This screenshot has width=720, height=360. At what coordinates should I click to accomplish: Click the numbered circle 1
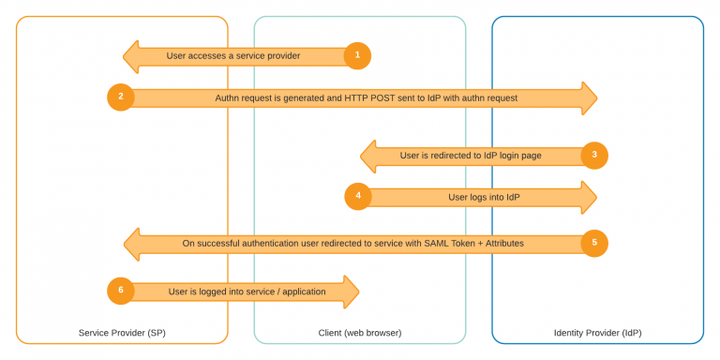point(357,56)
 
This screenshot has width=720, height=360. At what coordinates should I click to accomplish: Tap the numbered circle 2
point(121,97)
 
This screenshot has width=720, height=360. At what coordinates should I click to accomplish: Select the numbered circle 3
point(594,156)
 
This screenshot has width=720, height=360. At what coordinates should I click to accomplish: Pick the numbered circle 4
point(358,197)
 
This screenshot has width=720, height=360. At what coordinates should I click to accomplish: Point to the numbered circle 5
point(594,244)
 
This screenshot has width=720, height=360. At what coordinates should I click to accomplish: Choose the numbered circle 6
point(121,291)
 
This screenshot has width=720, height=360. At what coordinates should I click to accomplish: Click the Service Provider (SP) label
point(122,333)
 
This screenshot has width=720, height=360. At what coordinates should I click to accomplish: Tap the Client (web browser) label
point(360,333)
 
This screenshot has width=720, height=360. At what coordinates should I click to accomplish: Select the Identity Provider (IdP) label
point(597,333)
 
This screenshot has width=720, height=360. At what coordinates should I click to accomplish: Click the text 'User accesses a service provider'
point(233,56)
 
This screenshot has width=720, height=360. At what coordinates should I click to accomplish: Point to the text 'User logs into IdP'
point(484,197)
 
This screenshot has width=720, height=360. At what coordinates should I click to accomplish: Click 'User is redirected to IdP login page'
point(471,156)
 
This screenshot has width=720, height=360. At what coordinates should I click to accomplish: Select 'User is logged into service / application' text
point(247,292)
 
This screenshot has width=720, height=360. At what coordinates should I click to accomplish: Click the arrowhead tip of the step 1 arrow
point(125,56)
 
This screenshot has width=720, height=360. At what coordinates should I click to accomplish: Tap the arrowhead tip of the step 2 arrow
point(596,97)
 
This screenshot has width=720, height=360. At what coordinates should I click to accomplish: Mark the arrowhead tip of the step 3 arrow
point(362,156)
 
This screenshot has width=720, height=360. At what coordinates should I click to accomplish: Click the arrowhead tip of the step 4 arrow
point(596,197)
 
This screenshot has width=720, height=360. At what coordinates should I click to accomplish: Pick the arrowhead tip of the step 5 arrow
point(126,244)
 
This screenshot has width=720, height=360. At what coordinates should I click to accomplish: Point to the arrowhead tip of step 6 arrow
point(359,291)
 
